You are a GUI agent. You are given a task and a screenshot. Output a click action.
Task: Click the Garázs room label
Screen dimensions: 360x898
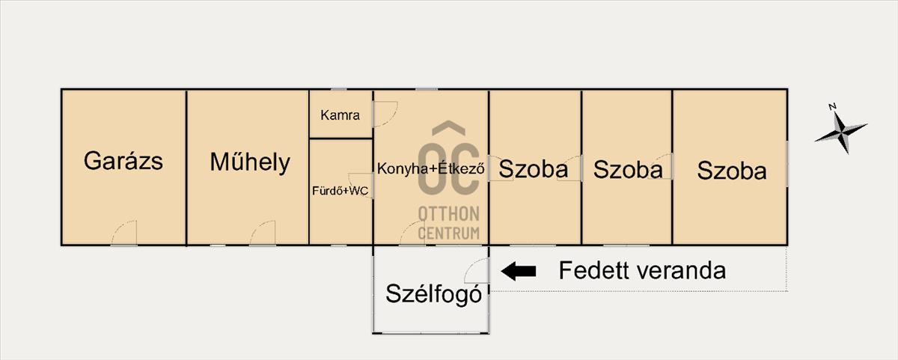click(x=123, y=161)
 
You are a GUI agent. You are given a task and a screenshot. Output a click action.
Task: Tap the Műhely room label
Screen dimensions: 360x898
click(x=250, y=162)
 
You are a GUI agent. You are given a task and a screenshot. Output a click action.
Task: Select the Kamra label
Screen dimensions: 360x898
click(x=340, y=115)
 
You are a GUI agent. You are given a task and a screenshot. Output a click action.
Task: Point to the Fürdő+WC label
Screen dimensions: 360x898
click(x=340, y=191)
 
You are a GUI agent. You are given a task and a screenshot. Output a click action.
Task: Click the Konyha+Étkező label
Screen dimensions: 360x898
click(x=431, y=168)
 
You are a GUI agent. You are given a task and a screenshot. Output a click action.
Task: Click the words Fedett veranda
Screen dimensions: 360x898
click(x=642, y=270)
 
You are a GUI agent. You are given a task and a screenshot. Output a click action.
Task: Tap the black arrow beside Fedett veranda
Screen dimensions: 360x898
click(x=519, y=271)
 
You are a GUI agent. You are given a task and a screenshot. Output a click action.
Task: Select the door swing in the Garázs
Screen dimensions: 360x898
click(x=125, y=234)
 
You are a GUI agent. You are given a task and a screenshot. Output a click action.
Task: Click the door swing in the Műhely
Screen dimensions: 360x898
click(x=263, y=234)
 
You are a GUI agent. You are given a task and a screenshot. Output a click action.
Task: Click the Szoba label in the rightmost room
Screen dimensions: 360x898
click(x=732, y=171)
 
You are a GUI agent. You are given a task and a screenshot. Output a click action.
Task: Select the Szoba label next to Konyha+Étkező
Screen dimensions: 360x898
click(x=533, y=169)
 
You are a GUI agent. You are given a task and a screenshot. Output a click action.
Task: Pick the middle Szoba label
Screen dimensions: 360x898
click(x=627, y=170)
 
